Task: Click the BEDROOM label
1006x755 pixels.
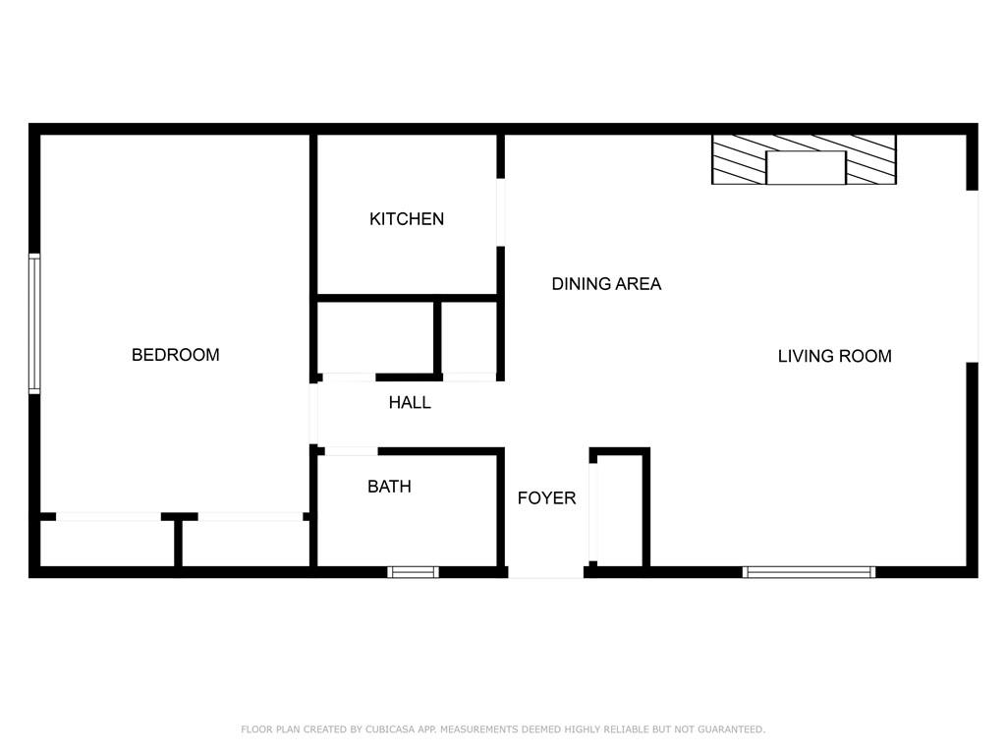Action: point(175,355)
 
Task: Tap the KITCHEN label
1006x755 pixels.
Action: point(407,219)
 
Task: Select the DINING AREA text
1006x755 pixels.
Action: point(606,284)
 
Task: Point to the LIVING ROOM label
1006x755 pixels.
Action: point(835,356)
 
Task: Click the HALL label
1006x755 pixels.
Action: point(410,402)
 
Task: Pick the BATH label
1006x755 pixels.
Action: point(389,487)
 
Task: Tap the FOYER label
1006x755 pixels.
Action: point(546,498)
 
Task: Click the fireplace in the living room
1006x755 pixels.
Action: point(804,160)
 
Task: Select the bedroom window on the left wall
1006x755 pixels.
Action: point(34,323)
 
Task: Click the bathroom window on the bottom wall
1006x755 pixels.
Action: point(414,572)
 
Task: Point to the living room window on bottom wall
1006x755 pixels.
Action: point(810,572)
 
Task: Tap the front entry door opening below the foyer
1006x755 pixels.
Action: point(546,572)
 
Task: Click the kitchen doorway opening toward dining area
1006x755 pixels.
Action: point(500,212)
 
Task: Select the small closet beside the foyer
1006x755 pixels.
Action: point(620,508)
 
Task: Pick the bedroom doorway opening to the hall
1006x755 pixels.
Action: point(313,414)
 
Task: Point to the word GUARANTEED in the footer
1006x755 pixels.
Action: point(731,729)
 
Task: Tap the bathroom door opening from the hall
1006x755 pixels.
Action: point(351,451)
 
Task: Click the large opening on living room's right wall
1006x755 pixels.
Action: point(973,276)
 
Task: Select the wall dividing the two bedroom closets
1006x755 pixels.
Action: point(179,543)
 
